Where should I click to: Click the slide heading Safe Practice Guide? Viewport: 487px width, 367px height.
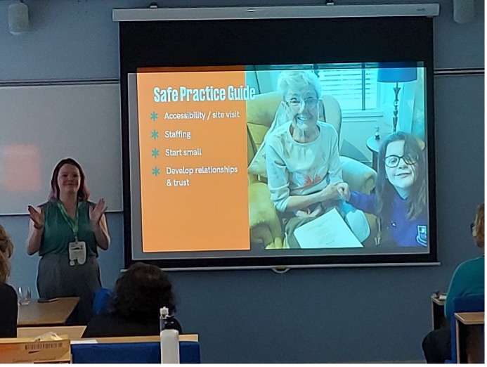[204, 94]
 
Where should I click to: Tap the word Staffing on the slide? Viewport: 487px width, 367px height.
[178, 134]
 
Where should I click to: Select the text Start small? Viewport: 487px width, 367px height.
[183, 153]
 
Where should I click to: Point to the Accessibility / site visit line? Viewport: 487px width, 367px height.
[202, 115]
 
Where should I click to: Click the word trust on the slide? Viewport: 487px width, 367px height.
[182, 182]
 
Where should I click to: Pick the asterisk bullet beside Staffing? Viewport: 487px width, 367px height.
[155, 135]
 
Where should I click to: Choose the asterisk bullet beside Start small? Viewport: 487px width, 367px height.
[155, 153]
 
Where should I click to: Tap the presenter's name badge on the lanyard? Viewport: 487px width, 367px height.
[77, 252]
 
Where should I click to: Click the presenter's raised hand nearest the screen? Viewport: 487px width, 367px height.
[98, 210]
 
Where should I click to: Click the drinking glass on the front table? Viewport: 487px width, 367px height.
[24, 295]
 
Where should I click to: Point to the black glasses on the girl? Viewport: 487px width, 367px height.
[400, 161]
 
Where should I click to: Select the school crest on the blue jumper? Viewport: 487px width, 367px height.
[422, 235]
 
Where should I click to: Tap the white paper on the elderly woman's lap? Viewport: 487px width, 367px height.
[327, 229]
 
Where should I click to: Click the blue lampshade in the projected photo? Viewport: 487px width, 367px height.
[396, 75]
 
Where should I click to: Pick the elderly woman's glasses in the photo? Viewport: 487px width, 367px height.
[302, 102]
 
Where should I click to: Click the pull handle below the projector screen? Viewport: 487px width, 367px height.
[280, 271]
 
